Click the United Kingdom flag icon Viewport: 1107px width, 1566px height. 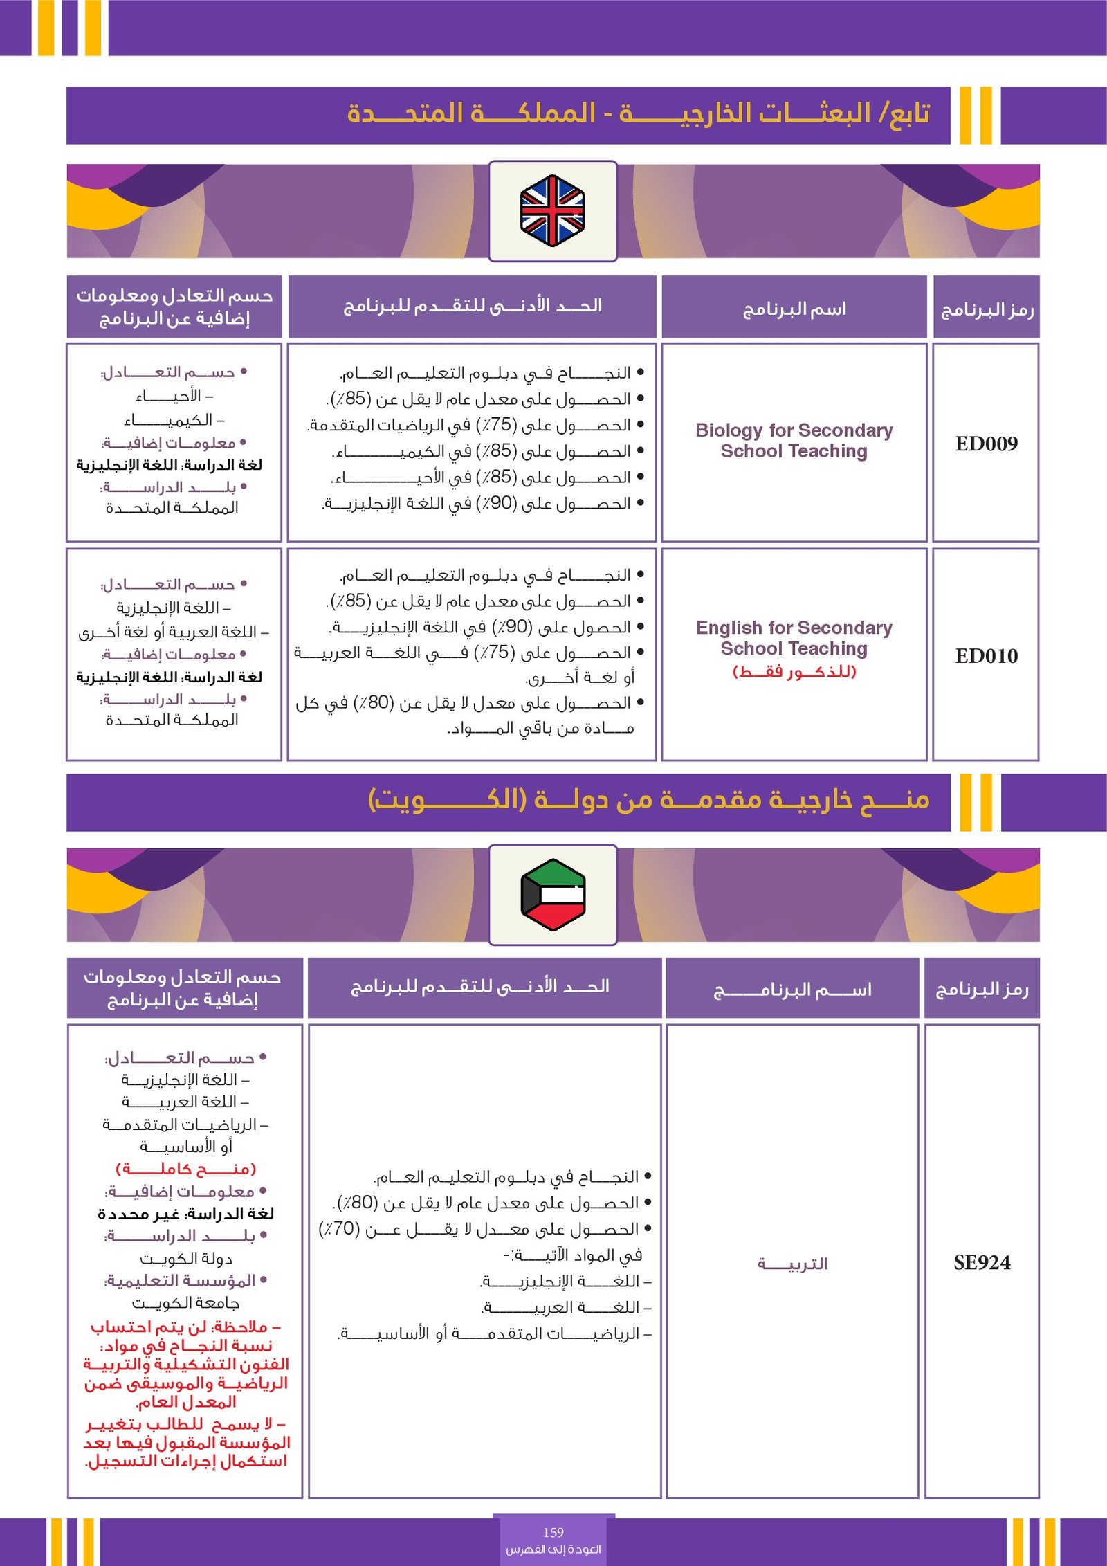point(552,210)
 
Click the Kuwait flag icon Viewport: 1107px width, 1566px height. point(552,894)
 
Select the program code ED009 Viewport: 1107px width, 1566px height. point(986,444)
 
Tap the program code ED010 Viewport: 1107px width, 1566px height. point(986,656)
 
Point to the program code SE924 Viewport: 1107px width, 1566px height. point(982,1263)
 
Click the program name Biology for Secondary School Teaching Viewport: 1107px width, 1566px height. point(794,441)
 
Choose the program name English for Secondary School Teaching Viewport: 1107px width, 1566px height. point(794,638)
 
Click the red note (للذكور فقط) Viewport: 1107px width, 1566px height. point(794,672)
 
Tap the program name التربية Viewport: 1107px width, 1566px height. point(792,1264)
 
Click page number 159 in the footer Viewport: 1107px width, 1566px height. point(553,1532)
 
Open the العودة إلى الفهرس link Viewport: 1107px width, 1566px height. point(553,1549)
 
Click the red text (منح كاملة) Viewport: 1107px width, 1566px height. point(185,1169)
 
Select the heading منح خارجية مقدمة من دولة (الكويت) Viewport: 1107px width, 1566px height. point(648,801)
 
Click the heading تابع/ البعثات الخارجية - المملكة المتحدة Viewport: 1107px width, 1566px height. point(638,113)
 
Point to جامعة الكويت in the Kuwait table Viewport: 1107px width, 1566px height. point(185,1304)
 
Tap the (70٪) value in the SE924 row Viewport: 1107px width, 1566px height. point(338,1229)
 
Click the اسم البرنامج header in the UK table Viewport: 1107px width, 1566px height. point(794,309)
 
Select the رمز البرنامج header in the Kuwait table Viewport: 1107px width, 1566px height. point(982,990)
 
